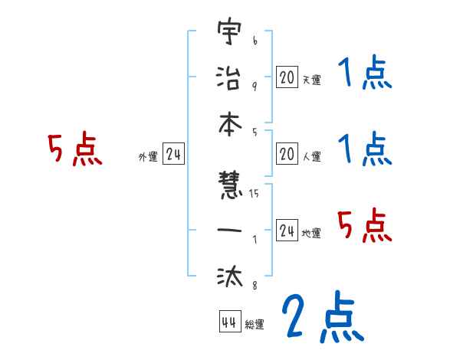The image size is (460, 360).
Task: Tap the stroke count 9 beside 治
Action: pyautogui.click(x=255, y=85)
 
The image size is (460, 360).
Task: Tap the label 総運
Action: pyautogui.click(x=255, y=325)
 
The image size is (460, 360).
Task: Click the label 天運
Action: pyautogui.click(x=311, y=80)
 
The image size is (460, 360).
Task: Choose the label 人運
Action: pyautogui.click(x=311, y=157)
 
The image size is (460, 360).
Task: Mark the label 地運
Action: pyautogui.click(x=311, y=233)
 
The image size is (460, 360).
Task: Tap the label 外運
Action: pyautogui.click(x=148, y=157)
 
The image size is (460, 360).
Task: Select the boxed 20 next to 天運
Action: pyautogui.click(x=287, y=77)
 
